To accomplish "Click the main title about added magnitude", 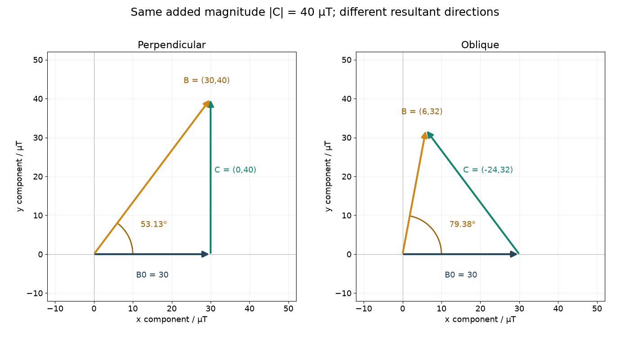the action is (x=315, y=13).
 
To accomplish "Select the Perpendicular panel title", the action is (x=171, y=45).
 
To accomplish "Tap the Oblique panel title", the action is (x=480, y=45).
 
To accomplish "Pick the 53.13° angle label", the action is (x=153, y=224).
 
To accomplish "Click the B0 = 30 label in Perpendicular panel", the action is (x=152, y=275).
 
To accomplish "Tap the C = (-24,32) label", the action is (x=488, y=170).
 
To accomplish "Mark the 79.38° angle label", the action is (x=463, y=224).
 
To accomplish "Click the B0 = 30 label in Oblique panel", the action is (x=461, y=275).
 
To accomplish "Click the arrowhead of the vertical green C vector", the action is (x=211, y=104).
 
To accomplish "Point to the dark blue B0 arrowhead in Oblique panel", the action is (x=514, y=254).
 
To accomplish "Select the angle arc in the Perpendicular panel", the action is (x=128, y=236).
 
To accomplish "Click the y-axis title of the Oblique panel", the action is (x=328, y=176).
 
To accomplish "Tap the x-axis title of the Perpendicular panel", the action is (x=171, y=319).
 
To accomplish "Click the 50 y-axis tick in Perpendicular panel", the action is (x=38, y=60).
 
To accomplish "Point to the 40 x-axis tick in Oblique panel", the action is (x=558, y=309).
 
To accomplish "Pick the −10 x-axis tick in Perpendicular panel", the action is (x=55, y=309).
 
